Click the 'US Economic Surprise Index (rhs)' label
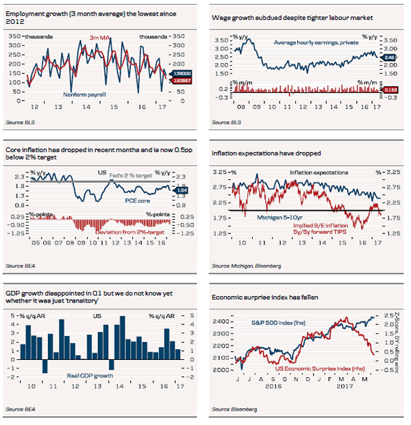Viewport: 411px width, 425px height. [x=301, y=370]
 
